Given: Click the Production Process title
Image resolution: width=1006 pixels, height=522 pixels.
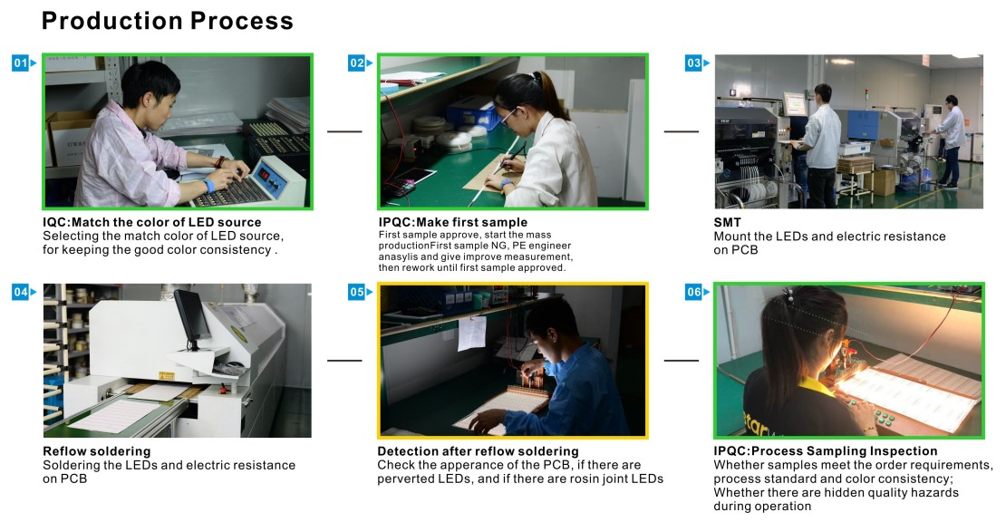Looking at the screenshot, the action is tap(168, 21).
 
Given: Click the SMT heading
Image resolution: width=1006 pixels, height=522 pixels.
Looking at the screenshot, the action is tap(727, 223).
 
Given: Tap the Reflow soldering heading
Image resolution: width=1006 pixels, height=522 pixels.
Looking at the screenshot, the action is tap(97, 451).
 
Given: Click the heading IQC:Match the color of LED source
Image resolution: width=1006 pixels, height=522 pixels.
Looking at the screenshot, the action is tap(152, 223).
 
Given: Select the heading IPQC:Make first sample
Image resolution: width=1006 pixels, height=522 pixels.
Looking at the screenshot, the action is tap(453, 223).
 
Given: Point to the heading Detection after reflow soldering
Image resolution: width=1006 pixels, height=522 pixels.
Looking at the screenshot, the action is tap(478, 451).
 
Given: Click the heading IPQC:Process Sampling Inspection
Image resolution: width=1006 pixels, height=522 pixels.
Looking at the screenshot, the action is tap(825, 451).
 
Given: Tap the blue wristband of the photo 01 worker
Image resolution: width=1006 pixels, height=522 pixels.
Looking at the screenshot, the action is tap(208, 186).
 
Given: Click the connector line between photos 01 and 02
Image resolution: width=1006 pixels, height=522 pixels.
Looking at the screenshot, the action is tap(344, 131).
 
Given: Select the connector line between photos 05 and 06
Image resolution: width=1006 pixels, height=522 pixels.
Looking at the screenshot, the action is tap(682, 361).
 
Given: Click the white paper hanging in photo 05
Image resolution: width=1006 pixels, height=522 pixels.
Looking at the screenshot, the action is tap(471, 333).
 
